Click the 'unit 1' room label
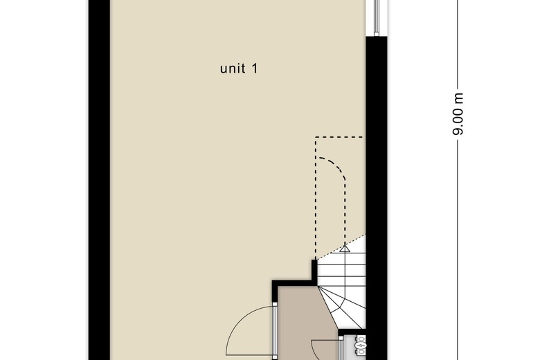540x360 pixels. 239,69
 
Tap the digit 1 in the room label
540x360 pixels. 255,69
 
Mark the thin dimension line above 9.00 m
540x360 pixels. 458,42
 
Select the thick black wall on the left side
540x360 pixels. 98,180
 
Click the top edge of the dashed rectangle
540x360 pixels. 339,137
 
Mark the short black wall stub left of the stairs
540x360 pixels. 316,270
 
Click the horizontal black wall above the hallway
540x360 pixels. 294,283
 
